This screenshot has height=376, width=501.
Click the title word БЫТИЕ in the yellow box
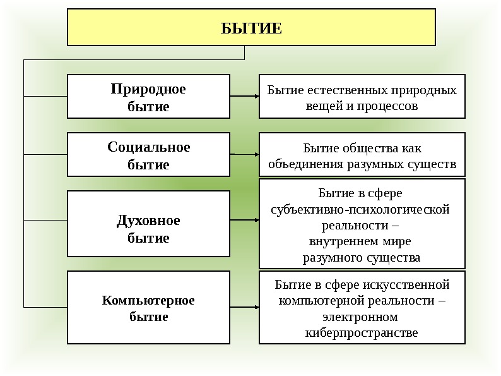(x=251, y=28)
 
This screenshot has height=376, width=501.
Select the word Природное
(x=148, y=89)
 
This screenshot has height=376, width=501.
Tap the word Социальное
(x=148, y=147)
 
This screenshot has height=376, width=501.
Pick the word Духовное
(x=148, y=221)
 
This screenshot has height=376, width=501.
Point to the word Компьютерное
(x=148, y=300)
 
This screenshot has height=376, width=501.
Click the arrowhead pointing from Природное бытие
(x=256, y=96)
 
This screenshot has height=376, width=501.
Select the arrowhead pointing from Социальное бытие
(x=256, y=154)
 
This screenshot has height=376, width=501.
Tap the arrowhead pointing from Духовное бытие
(x=256, y=221)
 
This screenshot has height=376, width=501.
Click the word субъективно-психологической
(x=360, y=209)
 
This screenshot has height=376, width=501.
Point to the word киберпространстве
(x=361, y=332)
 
